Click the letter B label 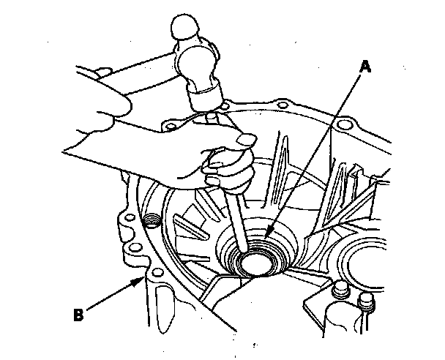pos(78,317)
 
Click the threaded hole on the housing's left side pos(152,220)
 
